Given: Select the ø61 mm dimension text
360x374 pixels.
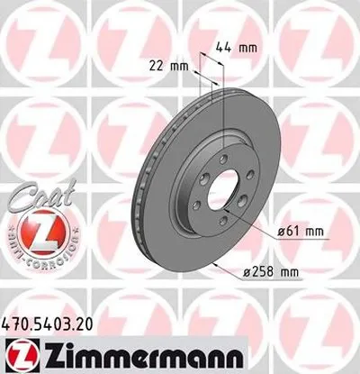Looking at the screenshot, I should (x=302, y=232).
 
